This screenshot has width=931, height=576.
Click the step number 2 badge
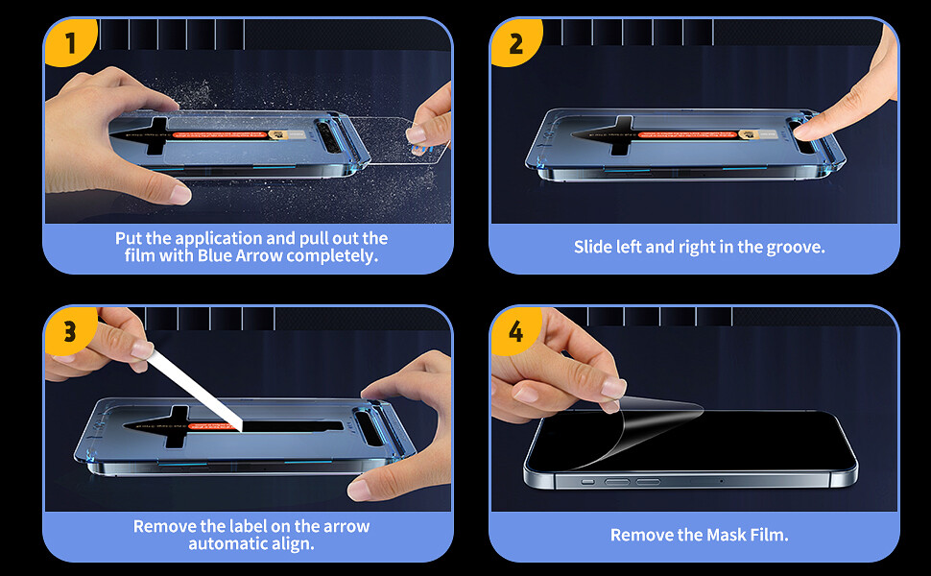tap(515, 44)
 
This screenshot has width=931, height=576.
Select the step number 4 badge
tap(515, 332)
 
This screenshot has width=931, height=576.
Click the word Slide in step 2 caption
tap(593, 247)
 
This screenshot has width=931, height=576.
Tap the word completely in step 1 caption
tap(337, 255)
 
